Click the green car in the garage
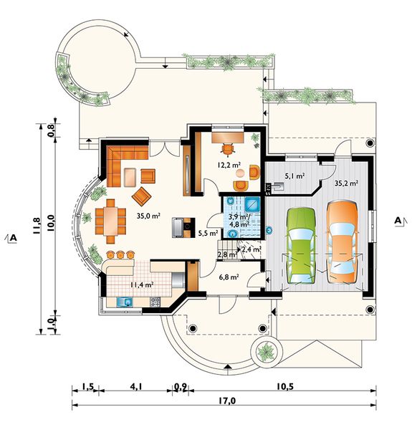click(x=301, y=246)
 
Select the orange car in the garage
click(x=342, y=243)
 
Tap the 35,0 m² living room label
click(x=148, y=216)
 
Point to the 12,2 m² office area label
click(x=229, y=165)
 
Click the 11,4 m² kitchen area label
click(x=141, y=285)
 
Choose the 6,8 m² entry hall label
click(x=228, y=277)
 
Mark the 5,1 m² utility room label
click(x=295, y=176)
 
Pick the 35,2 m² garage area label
click(x=347, y=183)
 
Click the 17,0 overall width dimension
click(x=227, y=401)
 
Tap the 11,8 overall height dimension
click(x=37, y=226)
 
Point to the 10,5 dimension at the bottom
click(x=285, y=387)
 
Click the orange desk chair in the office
click(x=228, y=149)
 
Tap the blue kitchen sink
click(x=125, y=302)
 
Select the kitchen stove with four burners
click(x=155, y=302)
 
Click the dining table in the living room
click(x=110, y=221)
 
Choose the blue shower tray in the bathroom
click(x=252, y=204)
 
